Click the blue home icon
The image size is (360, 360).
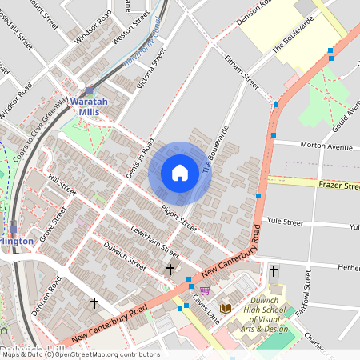[180, 173]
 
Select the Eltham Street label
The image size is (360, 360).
[242, 70]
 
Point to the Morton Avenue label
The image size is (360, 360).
[325, 146]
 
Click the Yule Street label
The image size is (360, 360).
[286, 222]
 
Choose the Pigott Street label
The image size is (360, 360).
[178, 214]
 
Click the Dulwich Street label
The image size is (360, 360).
[125, 256]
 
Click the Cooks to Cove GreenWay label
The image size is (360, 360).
[40, 130]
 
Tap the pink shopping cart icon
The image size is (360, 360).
[205, 290]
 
